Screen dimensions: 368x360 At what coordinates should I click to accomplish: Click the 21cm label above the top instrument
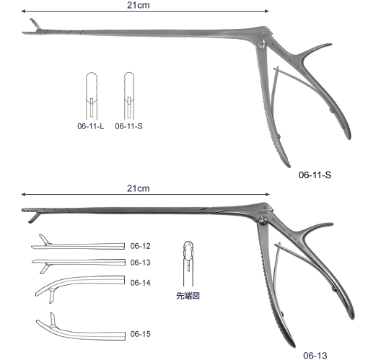click(x=139, y=5)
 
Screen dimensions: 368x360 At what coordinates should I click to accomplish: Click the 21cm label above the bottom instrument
click(x=139, y=188)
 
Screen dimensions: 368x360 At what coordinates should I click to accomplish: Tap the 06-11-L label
click(x=91, y=126)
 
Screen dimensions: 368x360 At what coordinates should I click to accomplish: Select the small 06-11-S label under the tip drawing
click(x=128, y=126)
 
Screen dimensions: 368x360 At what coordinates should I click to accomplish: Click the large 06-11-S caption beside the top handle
click(x=315, y=175)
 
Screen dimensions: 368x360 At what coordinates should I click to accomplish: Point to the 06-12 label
click(x=141, y=246)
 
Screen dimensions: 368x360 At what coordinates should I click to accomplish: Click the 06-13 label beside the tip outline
click(x=141, y=263)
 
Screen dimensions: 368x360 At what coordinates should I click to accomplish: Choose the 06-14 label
click(x=141, y=283)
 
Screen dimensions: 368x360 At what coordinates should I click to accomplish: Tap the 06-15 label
click(x=141, y=334)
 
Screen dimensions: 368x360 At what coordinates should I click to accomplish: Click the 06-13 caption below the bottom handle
click(x=315, y=356)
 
